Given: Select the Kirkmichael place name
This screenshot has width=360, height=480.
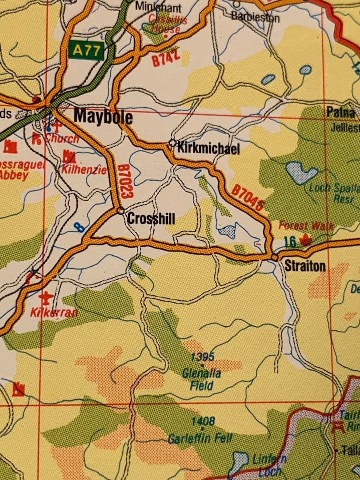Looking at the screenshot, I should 208,148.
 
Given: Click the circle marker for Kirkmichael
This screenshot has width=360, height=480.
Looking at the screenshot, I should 172,143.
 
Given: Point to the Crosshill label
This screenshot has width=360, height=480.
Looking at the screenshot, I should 151,219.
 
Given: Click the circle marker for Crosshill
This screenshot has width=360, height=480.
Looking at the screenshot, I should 120,211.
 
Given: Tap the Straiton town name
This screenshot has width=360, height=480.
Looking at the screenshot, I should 305,267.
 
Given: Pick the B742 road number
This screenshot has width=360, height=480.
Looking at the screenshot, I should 166,58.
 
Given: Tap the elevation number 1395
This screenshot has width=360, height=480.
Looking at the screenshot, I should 202,356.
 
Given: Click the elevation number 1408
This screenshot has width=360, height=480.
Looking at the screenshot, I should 203,420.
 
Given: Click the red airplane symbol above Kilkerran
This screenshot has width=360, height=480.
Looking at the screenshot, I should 45,297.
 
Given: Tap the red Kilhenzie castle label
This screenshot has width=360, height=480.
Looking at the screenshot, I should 84,169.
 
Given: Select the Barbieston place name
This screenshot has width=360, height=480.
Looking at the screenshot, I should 255,17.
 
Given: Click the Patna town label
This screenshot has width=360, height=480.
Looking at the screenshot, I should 340,112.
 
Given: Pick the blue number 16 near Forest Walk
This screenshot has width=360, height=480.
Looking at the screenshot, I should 290,242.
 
